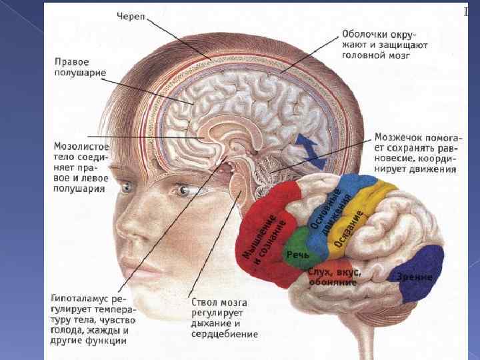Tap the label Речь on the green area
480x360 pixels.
pyautogui.click(x=296, y=255)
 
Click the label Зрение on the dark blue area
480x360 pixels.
pyautogui.click(x=415, y=277)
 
